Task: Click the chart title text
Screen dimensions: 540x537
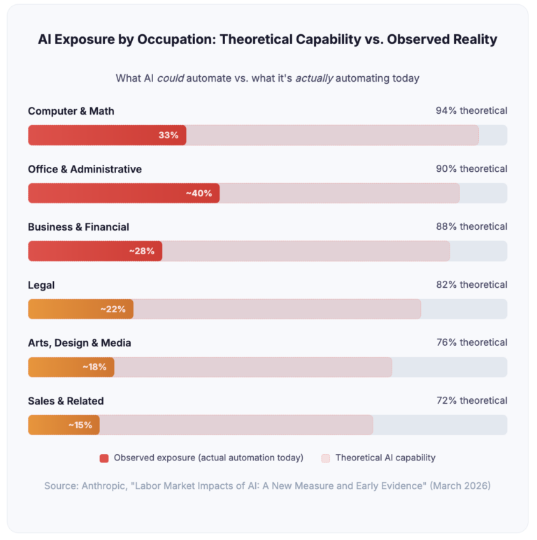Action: click(x=268, y=40)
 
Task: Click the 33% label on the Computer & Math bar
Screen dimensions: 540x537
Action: click(x=169, y=135)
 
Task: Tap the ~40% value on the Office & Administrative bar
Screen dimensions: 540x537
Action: click(x=199, y=193)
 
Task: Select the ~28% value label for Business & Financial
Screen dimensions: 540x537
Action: click(x=141, y=251)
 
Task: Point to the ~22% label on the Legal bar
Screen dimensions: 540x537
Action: click(x=113, y=309)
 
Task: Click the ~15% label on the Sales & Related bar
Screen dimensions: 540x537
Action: click(x=80, y=425)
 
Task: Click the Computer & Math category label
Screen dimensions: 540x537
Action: click(x=71, y=111)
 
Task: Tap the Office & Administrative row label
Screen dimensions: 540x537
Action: click(x=85, y=169)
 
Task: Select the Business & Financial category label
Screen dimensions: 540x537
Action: click(x=78, y=227)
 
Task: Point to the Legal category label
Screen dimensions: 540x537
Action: click(x=41, y=285)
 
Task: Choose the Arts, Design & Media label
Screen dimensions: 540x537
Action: click(x=79, y=343)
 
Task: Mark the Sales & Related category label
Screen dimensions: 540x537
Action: click(x=66, y=401)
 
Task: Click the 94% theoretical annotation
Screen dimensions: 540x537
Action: click(x=471, y=110)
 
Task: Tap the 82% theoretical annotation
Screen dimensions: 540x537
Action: click(x=471, y=284)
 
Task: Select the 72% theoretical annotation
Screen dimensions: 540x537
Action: click(x=471, y=400)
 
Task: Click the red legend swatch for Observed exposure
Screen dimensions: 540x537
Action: click(x=104, y=458)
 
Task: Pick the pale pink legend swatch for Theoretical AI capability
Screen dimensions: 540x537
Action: click(x=326, y=458)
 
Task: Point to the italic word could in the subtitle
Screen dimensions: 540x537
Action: click(x=170, y=78)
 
